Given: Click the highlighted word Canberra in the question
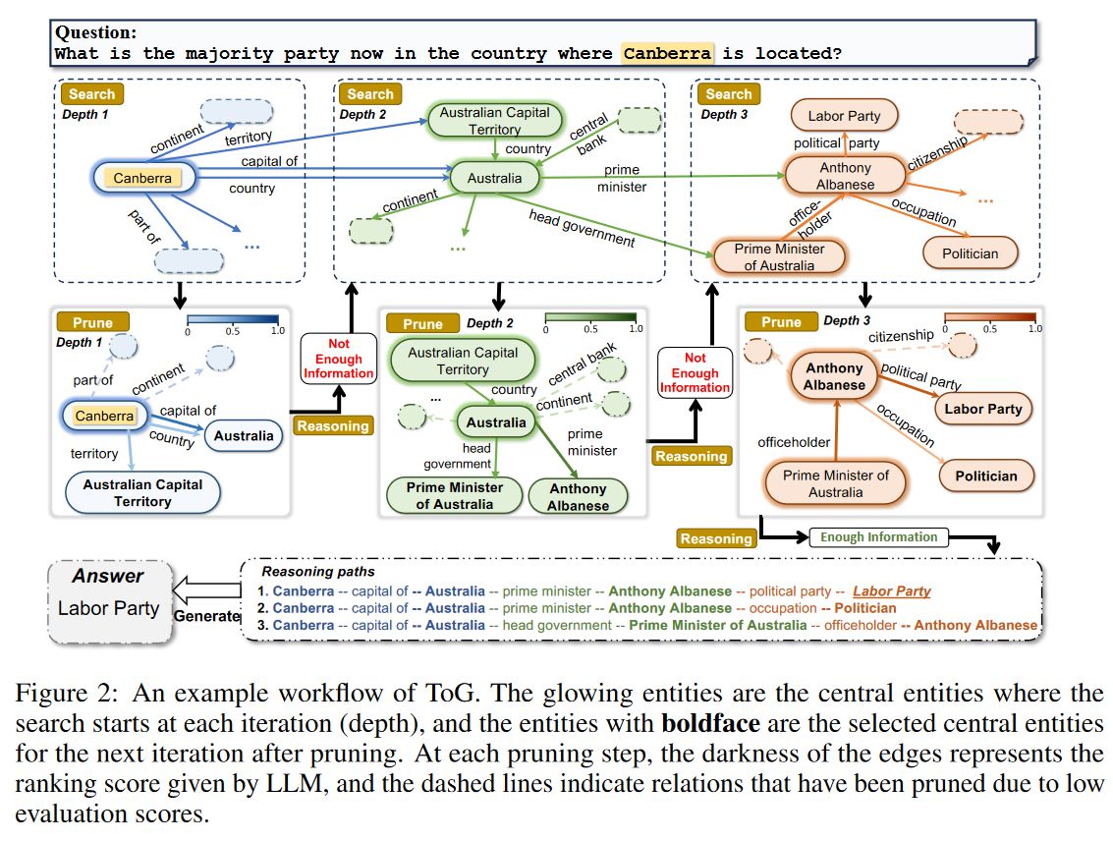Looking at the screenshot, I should point(668,52).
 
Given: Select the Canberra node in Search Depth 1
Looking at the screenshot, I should point(142,178).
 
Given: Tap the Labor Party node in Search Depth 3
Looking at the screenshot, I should point(844,116).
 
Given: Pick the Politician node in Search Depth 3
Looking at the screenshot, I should point(970,253).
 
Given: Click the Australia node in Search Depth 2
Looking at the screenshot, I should point(495,178).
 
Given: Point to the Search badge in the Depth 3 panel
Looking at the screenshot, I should point(728,94).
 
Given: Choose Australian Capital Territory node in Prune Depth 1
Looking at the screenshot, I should point(142,492).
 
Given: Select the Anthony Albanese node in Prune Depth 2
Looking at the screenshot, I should point(578,497).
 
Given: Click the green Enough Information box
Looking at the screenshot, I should point(878,537).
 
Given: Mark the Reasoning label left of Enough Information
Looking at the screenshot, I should point(716,538).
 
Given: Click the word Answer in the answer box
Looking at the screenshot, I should point(107,577).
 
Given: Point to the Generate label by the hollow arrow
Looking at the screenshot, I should point(207,616).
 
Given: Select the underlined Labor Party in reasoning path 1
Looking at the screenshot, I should point(891,591).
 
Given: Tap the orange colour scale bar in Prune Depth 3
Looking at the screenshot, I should point(988,318).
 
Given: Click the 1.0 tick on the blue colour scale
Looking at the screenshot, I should point(278,331).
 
